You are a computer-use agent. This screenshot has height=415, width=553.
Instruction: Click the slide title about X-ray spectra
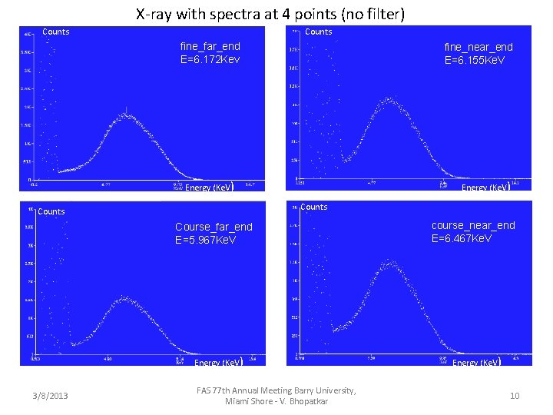point(270,14)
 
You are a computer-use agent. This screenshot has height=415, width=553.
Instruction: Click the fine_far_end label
point(210,46)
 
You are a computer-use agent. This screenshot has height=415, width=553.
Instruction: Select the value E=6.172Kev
point(210,59)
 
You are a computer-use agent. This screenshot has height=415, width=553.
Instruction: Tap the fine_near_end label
point(478,47)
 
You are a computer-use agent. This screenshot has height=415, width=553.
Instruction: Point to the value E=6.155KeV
point(475,60)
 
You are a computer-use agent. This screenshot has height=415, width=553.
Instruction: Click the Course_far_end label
point(213,227)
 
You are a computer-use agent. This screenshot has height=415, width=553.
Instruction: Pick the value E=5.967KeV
point(205,240)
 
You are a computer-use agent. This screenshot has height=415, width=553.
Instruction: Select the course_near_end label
point(473,225)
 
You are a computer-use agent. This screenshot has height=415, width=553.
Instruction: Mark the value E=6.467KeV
point(462,238)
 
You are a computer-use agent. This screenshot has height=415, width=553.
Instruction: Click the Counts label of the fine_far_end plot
point(55,32)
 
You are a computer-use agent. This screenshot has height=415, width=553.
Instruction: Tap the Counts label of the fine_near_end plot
point(319,32)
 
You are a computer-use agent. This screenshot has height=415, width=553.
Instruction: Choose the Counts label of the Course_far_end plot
point(51,211)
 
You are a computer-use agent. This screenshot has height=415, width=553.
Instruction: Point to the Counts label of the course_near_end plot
point(314,207)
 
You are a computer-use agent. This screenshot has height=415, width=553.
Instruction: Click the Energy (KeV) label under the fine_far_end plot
point(209,188)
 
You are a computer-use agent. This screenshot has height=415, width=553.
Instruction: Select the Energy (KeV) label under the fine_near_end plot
point(485,188)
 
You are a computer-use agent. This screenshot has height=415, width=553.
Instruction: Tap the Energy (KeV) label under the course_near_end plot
point(476,362)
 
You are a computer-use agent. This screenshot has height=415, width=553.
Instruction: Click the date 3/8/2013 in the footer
point(50,396)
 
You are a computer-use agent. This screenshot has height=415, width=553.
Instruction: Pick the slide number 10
point(514,396)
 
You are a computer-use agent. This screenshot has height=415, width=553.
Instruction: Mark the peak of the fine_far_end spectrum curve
point(125,115)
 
